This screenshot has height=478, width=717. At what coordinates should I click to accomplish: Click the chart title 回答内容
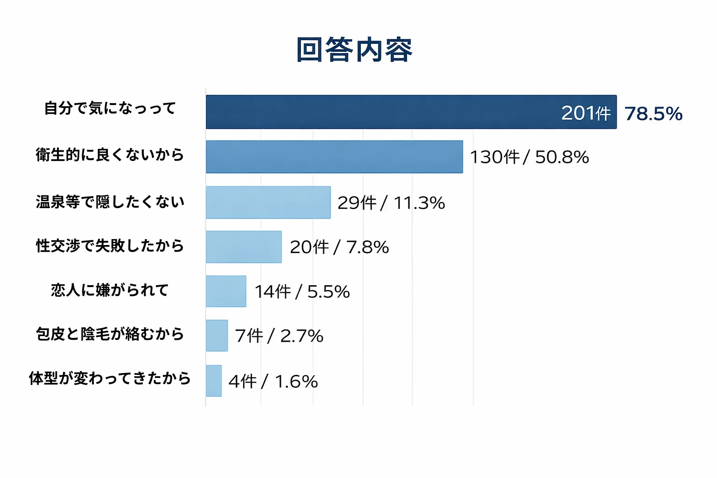tap(354, 49)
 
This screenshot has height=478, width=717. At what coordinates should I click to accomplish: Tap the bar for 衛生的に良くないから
tap(334, 157)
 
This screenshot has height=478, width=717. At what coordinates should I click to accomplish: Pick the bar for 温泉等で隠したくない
tap(268, 203)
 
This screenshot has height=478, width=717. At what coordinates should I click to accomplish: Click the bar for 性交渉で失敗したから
tap(244, 247)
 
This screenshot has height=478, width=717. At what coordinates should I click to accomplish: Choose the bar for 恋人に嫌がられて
tap(226, 291)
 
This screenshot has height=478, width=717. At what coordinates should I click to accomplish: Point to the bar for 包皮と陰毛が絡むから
tap(217, 336)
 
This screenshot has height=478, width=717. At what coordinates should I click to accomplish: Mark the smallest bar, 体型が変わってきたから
tap(214, 381)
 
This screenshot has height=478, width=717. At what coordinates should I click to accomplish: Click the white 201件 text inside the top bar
tap(586, 113)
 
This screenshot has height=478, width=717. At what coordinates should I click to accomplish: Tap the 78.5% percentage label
tap(654, 113)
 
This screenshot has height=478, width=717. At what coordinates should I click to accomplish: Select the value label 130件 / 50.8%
tap(529, 157)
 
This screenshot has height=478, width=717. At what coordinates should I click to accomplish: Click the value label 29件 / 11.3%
tap(391, 203)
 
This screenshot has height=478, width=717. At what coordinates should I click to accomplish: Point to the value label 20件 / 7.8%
tap(339, 247)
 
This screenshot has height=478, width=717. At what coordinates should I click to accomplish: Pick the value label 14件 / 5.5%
tap(302, 292)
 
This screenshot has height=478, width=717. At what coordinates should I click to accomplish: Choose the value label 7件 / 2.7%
tap(279, 336)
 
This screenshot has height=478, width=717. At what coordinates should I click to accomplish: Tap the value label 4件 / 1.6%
tap(273, 381)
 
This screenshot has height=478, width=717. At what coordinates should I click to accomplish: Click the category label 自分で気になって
tap(110, 108)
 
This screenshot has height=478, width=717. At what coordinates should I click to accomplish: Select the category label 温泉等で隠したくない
tap(110, 202)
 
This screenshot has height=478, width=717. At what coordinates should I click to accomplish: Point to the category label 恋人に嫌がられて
tap(110, 290)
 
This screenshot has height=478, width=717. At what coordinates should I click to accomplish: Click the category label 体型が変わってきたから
tap(110, 378)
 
